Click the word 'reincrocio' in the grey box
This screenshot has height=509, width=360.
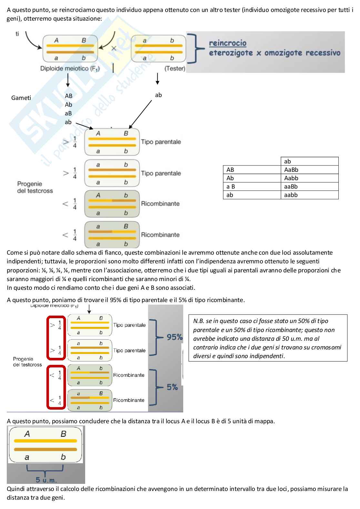(x=227, y=43)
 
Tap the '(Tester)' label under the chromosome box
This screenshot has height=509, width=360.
(x=175, y=68)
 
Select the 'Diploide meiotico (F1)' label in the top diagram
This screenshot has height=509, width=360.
(x=70, y=68)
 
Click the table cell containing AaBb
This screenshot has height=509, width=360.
(x=309, y=170)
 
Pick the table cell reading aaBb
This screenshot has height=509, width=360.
(x=309, y=187)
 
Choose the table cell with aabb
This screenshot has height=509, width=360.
(x=309, y=195)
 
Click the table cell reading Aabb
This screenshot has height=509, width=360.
(x=309, y=178)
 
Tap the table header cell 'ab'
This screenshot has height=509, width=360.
(x=309, y=162)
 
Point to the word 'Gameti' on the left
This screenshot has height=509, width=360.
(x=21, y=98)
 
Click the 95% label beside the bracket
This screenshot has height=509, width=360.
(x=175, y=337)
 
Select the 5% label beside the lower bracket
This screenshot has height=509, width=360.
(x=172, y=387)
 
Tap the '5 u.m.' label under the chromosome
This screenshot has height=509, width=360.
(x=46, y=480)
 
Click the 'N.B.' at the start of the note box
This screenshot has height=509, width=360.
(x=198, y=321)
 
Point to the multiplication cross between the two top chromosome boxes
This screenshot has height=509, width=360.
(x=114, y=48)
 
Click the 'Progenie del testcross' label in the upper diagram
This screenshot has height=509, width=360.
(x=35, y=187)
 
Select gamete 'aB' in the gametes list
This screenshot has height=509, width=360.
(x=68, y=113)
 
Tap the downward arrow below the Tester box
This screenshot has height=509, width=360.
(x=157, y=79)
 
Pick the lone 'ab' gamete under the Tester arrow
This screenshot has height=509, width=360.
(x=158, y=95)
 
